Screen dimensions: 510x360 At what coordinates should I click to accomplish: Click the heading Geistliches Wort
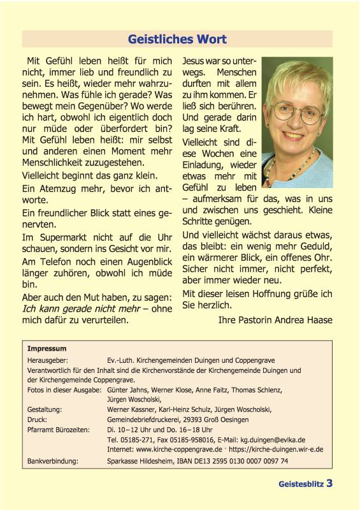pos(177,40)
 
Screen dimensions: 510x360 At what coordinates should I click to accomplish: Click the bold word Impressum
pos(47,349)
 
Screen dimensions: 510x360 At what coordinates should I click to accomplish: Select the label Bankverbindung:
pos(52,460)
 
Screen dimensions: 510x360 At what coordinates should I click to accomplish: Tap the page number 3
pos(329,483)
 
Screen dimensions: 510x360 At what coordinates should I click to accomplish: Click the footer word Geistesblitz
pos(301,484)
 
